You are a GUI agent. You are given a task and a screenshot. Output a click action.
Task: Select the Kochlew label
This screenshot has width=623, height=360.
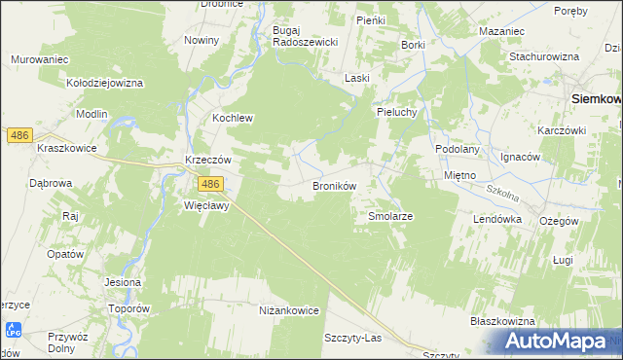(233, 119)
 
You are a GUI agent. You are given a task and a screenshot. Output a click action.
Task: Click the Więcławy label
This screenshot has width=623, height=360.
(205, 206)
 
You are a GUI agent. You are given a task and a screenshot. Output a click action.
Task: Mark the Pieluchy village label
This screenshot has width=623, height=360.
(398, 112)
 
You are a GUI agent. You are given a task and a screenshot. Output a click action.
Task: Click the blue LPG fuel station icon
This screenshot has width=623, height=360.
(12, 332)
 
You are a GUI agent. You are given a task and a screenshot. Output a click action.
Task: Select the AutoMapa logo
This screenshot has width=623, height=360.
(558, 341)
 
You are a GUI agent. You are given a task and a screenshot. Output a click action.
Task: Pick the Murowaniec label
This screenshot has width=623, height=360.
(39, 59)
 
